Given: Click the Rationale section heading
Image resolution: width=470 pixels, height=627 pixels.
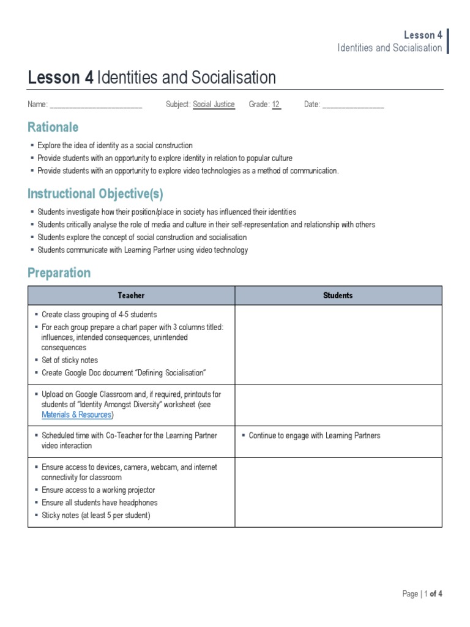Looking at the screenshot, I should point(53,127).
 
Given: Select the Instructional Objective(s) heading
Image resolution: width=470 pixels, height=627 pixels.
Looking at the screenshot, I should point(95,194).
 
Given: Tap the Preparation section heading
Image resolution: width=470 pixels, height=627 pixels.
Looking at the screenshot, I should point(59,273).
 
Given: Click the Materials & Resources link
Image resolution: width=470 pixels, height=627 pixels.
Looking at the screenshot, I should point(76,415).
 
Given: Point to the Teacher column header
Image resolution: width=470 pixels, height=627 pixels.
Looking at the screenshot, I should point(131,296).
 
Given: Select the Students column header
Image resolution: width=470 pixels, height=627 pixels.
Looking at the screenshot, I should point(338,296).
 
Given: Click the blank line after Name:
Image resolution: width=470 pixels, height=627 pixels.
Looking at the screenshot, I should point(95,105).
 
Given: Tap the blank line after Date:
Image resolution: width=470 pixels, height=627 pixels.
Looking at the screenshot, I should point(353,105).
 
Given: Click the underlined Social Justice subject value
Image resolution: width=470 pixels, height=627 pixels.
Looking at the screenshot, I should point(214,105).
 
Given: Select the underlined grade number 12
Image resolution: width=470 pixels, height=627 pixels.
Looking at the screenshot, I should point(276,105).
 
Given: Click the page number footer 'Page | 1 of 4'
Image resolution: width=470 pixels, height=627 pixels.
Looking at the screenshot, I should point(422,594).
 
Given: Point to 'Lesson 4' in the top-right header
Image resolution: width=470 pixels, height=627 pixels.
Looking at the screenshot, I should point(423,35).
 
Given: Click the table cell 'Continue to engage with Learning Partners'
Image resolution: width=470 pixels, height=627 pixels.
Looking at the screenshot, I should point(315,435).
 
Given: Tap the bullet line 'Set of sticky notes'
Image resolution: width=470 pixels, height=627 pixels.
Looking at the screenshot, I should point(69,360).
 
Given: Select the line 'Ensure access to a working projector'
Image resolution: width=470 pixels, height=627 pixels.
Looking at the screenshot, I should point(98,490).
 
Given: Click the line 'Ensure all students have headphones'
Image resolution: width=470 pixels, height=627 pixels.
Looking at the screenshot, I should point(99,503).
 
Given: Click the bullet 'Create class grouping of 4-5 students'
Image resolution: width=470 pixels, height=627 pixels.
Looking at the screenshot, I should point(99,314).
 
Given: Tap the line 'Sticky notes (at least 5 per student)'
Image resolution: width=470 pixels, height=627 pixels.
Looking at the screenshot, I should point(95,516).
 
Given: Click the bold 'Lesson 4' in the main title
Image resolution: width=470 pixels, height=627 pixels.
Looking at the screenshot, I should point(61,78).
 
